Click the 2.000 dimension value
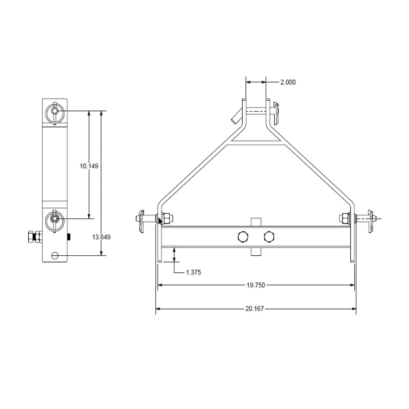(288, 82)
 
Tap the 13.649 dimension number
(101, 237)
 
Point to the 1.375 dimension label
(193, 272)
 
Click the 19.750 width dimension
(256, 285)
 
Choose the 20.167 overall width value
(254, 309)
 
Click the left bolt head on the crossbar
(243, 236)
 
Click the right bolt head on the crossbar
(269, 236)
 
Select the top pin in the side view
(55, 111)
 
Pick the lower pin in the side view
(55, 218)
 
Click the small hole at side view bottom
(54, 255)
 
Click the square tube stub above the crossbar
(256, 222)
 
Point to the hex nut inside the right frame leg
(344, 218)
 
